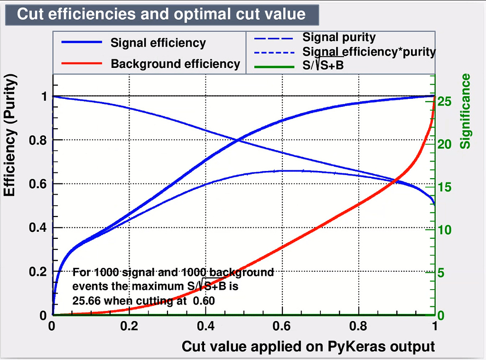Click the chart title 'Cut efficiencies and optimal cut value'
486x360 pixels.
[161, 14]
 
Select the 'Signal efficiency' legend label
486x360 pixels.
[158, 43]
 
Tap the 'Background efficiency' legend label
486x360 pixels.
[175, 64]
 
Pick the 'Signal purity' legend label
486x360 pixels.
[339, 37]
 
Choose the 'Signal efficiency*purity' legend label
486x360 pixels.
[369, 51]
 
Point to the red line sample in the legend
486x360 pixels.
[82, 64]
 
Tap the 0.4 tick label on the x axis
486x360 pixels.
[205, 326]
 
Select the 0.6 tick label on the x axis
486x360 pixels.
[281, 326]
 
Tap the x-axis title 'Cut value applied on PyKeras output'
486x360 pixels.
[308, 346]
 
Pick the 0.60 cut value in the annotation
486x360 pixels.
[204, 300]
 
